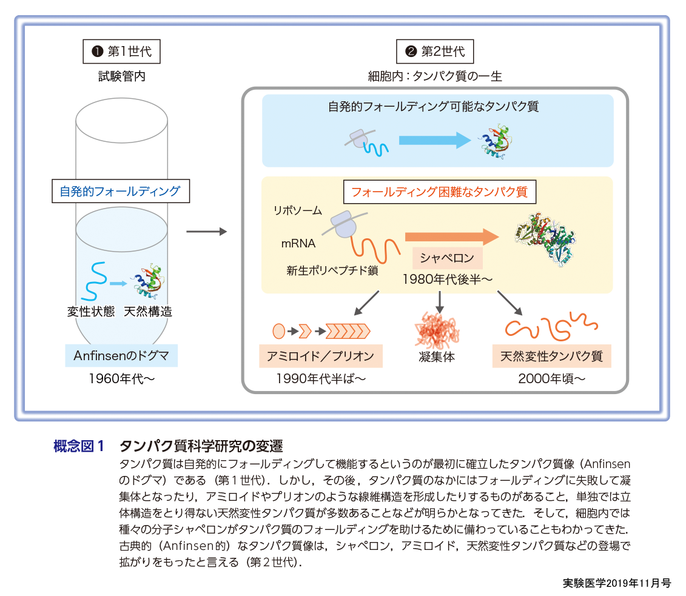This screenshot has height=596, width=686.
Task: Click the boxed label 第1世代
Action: point(121,52)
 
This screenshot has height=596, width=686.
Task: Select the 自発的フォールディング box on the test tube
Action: point(120,192)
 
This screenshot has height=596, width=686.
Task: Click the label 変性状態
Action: point(91,312)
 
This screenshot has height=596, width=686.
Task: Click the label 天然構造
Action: point(147,312)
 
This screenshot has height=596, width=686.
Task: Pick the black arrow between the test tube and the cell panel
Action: point(206,232)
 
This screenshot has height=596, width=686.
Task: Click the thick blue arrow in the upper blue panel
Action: point(434,141)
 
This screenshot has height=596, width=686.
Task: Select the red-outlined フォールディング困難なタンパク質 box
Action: point(440,192)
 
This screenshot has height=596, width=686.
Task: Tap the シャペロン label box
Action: point(448,258)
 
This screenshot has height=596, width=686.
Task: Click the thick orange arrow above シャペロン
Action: point(451,236)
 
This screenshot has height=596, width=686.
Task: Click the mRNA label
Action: point(298,244)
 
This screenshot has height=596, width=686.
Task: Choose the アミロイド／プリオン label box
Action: point(320,356)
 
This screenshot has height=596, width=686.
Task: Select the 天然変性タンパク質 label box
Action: point(551,356)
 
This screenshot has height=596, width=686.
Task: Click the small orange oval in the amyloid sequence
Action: point(278,331)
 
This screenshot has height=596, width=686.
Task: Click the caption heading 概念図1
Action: point(79,447)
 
